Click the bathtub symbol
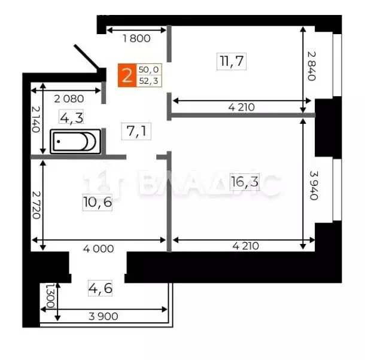coord(74,142)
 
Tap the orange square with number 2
coord(126,76)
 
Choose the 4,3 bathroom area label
coord(71,118)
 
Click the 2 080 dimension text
coord(69,99)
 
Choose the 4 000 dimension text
coord(99,248)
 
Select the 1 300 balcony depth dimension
coord(50,295)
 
